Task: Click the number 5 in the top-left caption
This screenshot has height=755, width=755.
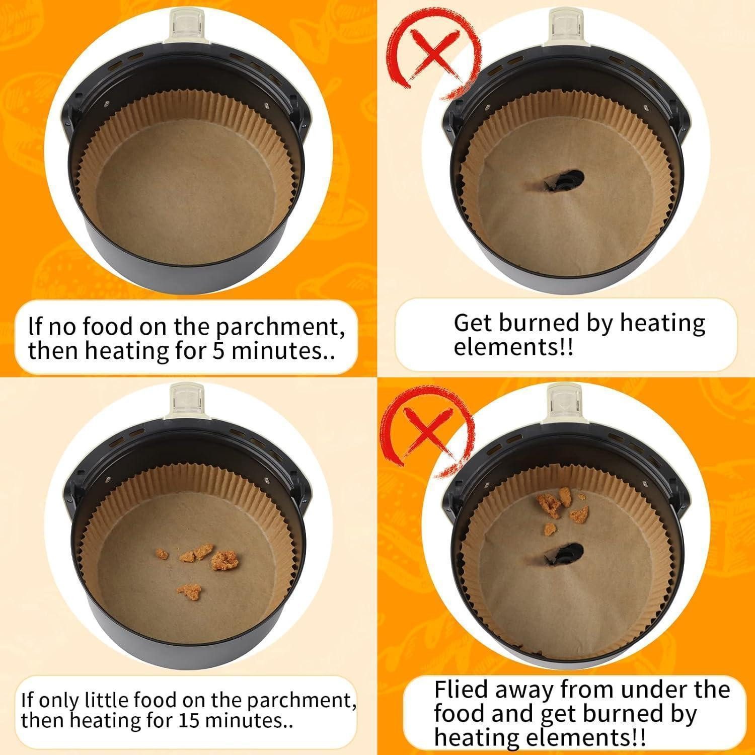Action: [x=218, y=350]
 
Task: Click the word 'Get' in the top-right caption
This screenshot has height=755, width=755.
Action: [x=471, y=323]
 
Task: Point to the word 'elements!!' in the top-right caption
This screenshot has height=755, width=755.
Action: [x=513, y=347]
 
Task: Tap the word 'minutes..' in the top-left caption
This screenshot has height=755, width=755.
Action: [x=283, y=350]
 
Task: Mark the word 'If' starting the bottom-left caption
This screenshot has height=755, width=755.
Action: [x=27, y=700]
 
